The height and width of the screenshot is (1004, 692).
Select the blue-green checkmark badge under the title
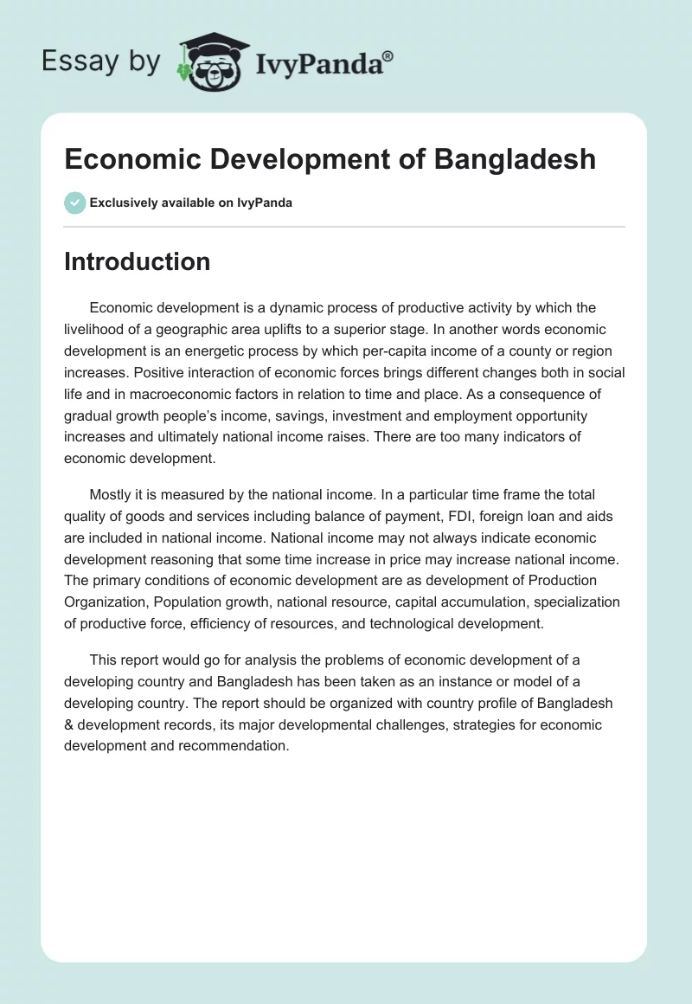coord(74,203)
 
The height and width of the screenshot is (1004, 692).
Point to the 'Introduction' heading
coord(137,261)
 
